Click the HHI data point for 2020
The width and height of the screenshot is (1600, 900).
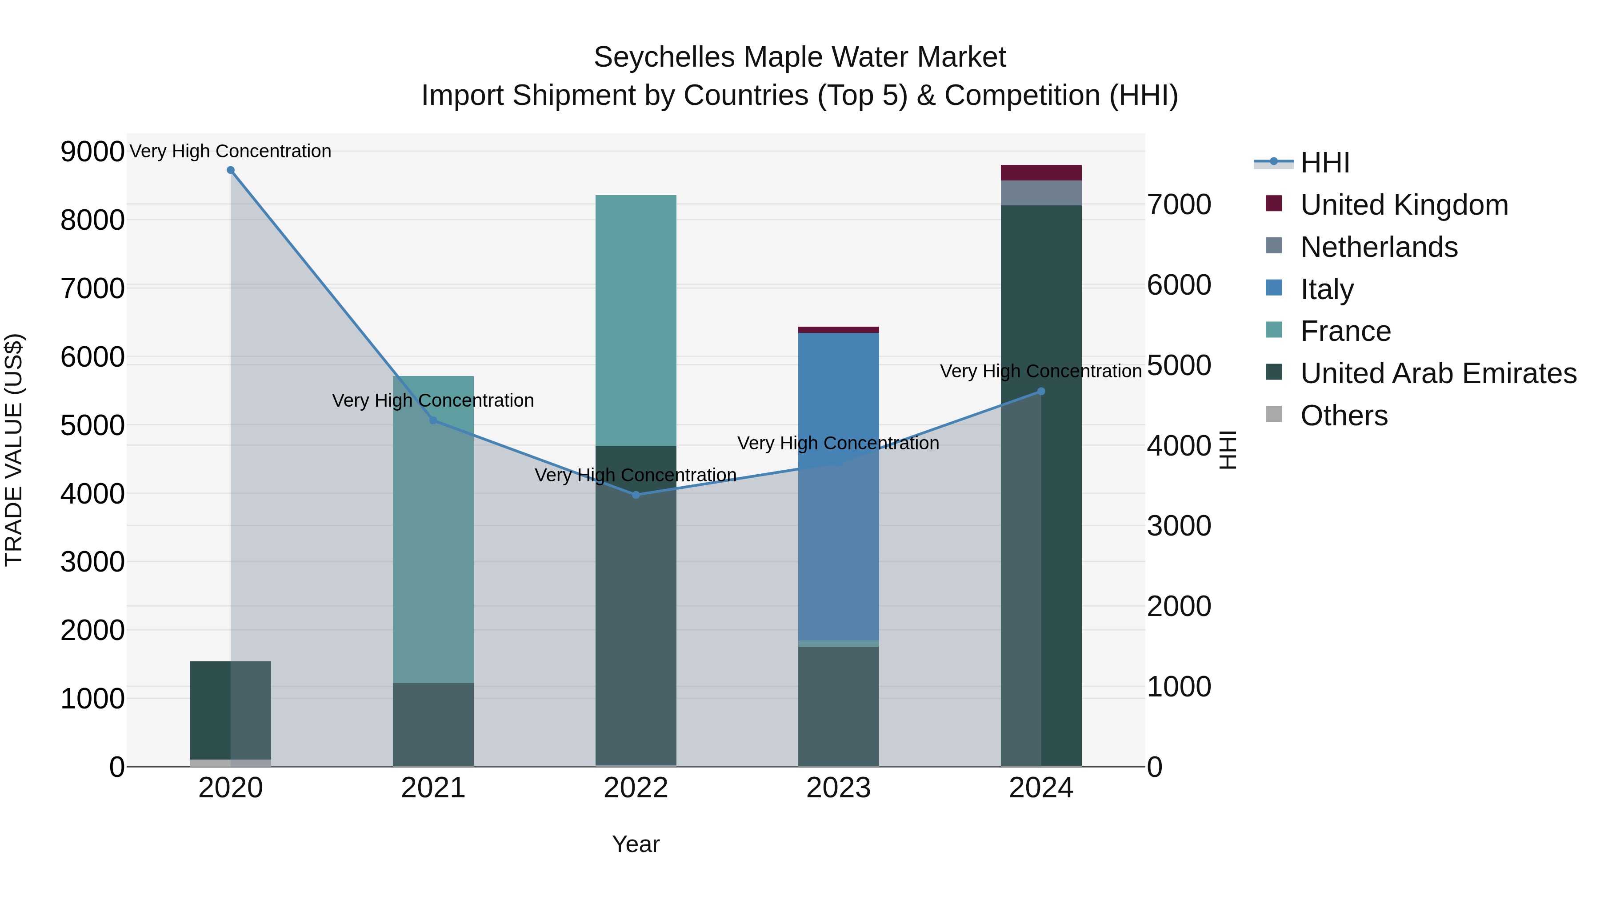coord(230,170)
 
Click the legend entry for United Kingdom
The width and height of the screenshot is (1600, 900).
coord(1404,205)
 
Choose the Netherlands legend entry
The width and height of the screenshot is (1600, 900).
coord(1379,247)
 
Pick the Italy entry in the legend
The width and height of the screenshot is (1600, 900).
coord(1327,289)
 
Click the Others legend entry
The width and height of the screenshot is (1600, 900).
coord(1344,416)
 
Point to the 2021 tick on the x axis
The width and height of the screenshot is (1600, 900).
coord(433,788)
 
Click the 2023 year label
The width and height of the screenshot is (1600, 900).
coord(839,788)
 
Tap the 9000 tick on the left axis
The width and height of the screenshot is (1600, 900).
coord(92,152)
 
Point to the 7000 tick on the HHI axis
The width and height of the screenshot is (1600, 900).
coord(1179,205)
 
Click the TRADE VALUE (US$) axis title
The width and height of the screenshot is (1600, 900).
coord(14,450)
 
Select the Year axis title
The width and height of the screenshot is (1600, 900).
coord(636,844)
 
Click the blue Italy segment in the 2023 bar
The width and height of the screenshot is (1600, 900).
coord(839,397)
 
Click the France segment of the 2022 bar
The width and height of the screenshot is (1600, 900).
coord(636,320)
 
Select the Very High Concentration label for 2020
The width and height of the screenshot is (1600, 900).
coord(230,151)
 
